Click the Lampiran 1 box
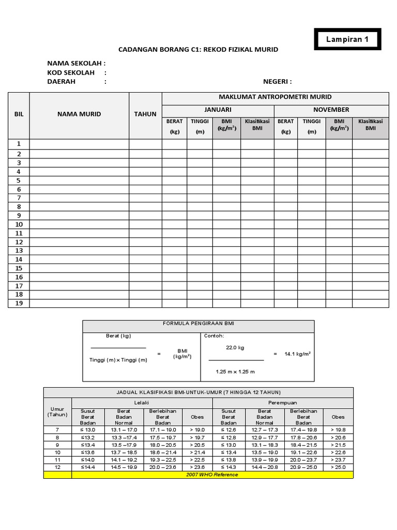pos(347,40)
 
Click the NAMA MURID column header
pos(79,114)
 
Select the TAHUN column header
pos(145,114)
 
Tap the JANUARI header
pos(218,110)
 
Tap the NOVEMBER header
pos(331,110)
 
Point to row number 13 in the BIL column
pos(19,251)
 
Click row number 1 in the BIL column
pos(19,144)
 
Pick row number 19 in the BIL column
pos(19,303)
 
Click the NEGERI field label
pos(278,82)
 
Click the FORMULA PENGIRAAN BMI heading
pos(198,323)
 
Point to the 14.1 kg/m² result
pos(298,354)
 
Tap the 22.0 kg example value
pos(235,348)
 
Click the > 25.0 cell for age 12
pos(338,467)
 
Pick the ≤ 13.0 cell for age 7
pos(88,430)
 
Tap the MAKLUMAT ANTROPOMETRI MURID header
pos(275,97)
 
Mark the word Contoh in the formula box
pos(214,335)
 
